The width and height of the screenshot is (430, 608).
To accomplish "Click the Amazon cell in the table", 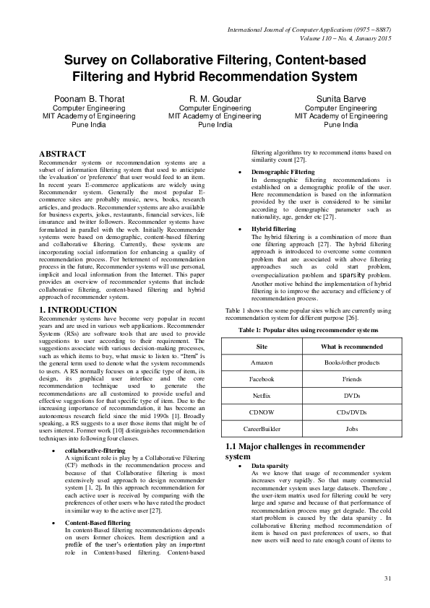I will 262,360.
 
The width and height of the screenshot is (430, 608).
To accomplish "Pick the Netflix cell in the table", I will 262,396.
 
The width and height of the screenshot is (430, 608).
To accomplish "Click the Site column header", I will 262,346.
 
